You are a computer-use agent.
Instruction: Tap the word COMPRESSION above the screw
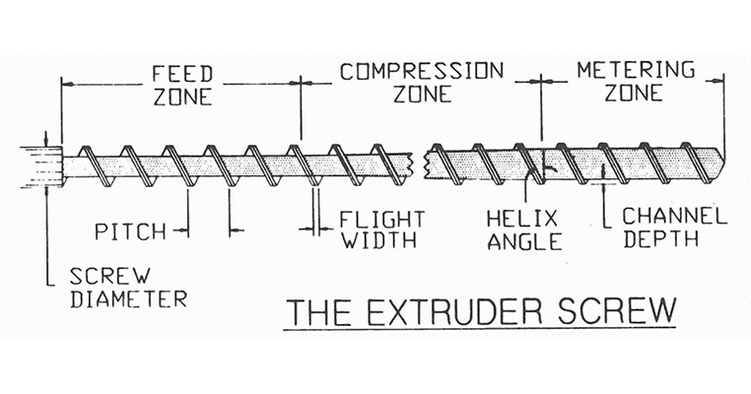click(x=421, y=72)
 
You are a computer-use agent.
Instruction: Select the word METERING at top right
click(x=635, y=72)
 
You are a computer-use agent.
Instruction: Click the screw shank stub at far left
click(x=40, y=162)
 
